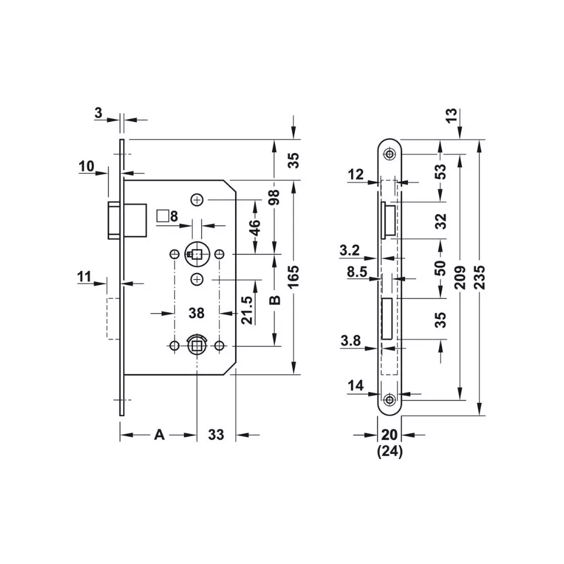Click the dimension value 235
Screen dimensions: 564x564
click(480, 273)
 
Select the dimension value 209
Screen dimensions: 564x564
click(460, 273)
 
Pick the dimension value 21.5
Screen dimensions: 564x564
click(247, 310)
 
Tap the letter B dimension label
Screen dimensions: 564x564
click(274, 301)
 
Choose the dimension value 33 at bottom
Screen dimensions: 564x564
click(216, 434)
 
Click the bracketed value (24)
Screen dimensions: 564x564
click(389, 452)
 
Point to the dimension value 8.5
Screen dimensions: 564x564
click(357, 271)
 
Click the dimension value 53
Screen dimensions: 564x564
click(441, 171)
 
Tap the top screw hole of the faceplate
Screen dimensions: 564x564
click(389, 154)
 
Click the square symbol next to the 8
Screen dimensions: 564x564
click(163, 215)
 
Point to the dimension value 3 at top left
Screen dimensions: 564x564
click(98, 113)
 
